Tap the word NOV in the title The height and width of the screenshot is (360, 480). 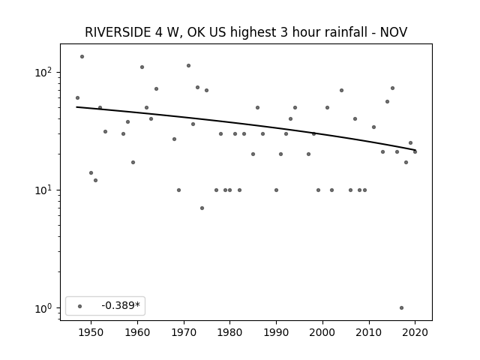394,32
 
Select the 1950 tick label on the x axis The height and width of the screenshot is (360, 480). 91,332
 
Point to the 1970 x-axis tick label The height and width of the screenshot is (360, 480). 184,332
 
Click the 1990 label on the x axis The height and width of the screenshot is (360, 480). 277,332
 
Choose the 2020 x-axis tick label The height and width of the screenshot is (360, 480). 415,332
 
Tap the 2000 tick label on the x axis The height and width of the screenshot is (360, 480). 322,332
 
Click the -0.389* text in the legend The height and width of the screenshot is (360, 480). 121,305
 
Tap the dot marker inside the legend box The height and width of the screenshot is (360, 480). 80,306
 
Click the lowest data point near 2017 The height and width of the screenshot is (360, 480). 402,308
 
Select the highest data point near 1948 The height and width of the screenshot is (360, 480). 82,57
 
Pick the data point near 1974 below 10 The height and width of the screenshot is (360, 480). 202,208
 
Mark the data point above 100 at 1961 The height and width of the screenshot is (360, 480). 142,67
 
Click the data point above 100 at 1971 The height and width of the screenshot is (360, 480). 188,65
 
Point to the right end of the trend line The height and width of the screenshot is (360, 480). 415,150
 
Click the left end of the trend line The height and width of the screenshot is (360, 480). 76,106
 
